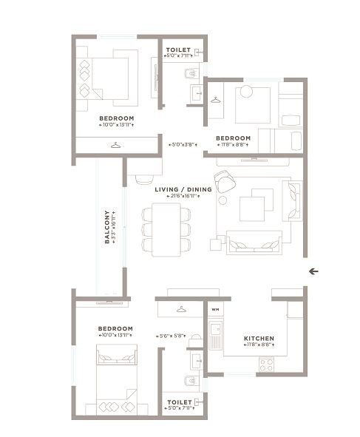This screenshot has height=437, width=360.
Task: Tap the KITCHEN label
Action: tap(259, 339)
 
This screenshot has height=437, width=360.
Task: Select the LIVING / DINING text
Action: tap(183, 189)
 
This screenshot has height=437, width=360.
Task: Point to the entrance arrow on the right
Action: tap(313, 271)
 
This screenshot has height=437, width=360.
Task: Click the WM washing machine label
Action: tap(215, 309)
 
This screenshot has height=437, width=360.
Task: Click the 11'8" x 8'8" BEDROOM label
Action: tap(233, 138)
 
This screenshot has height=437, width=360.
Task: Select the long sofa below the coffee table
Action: tap(254, 243)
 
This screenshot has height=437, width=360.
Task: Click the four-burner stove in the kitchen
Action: tap(266, 364)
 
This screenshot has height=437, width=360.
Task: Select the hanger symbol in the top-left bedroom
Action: tap(115, 145)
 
